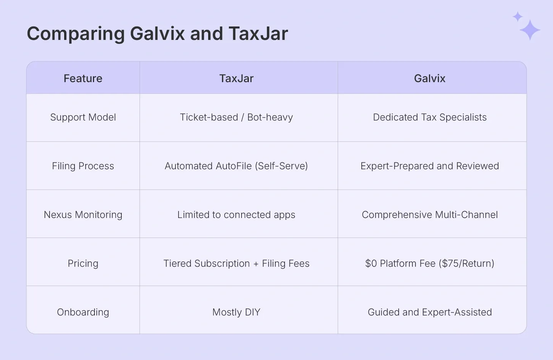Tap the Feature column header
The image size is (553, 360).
pyautogui.click(x=83, y=78)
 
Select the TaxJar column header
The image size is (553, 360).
pyautogui.click(x=237, y=78)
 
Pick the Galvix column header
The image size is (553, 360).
pyautogui.click(x=430, y=78)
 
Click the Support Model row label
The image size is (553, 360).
pyautogui.click(x=83, y=117)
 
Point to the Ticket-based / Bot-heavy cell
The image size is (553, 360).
pyautogui.click(x=237, y=117)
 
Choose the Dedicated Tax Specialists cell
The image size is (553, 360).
pyautogui.click(x=430, y=117)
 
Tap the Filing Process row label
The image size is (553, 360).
pyautogui.click(x=83, y=166)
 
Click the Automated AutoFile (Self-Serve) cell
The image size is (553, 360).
pyautogui.click(x=237, y=166)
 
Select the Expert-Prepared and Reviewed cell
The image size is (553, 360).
pyautogui.click(x=430, y=166)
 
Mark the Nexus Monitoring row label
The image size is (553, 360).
pyautogui.click(x=83, y=215)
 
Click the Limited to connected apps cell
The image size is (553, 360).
pyautogui.click(x=237, y=215)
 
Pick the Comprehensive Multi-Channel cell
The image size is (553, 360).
pyautogui.click(x=430, y=215)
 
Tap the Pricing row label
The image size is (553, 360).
pyautogui.click(x=83, y=263)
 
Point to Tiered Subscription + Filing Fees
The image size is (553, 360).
pyautogui.click(x=237, y=263)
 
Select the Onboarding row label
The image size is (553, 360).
pyautogui.click(x=83, y=312)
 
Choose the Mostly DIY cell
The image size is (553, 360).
pyautogui.click(x=237, y=312)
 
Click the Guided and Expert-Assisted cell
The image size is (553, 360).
pyautogui.click(x=430, y=312)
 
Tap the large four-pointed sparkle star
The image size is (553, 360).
pyautogui.click(x=530, y=30)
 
